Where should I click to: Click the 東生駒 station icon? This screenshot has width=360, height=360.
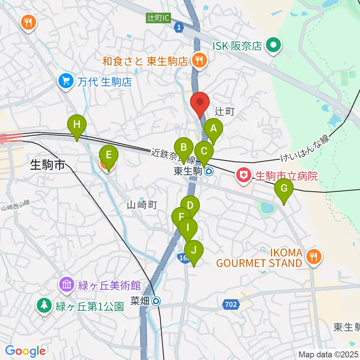click(x=209, y=172)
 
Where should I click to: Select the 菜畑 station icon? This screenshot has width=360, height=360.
click(x=157, y=300)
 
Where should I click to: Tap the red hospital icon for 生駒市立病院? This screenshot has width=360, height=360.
click(x=244, y=175)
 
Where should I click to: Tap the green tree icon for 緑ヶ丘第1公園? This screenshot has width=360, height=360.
click(x=44, y=306)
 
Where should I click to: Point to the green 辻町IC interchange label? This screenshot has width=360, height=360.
click(x=158, y=18)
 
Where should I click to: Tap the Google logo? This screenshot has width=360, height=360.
click(x=25, y=351)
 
